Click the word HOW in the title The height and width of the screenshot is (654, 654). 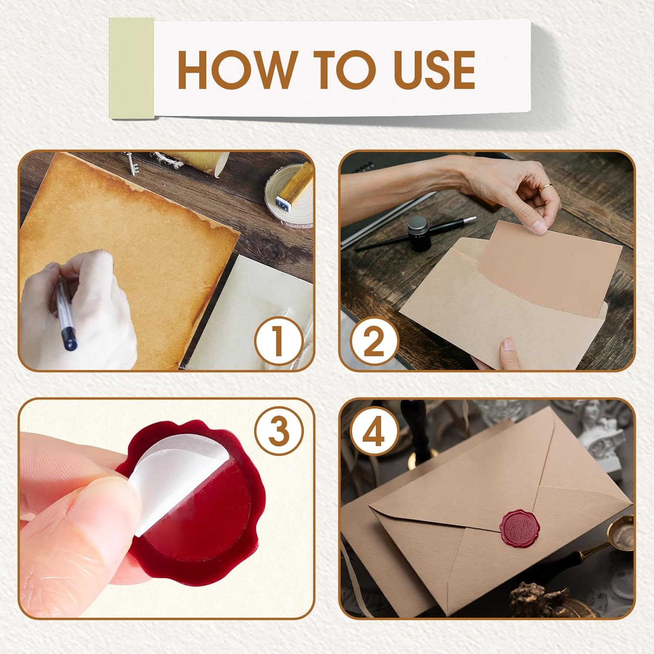236,70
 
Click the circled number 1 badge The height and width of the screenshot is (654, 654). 279,341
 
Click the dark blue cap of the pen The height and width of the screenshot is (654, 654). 69,340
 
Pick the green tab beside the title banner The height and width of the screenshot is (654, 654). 131,68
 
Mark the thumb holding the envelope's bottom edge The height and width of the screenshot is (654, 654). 506,351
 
